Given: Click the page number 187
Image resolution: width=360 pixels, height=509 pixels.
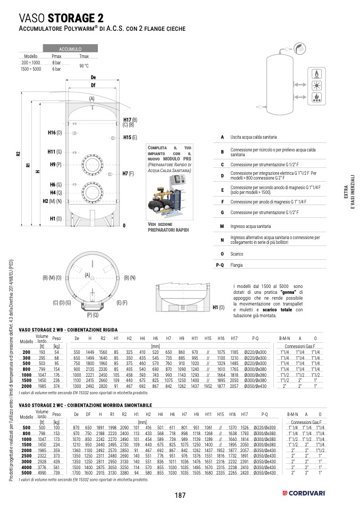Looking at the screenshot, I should coord(180,495).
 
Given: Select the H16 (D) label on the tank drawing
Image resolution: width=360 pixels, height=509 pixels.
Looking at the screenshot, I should coord(55,132).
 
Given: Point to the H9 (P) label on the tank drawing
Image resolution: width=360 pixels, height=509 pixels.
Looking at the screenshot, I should coord(56,165).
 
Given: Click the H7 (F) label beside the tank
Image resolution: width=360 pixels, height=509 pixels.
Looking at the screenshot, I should coord(128,174).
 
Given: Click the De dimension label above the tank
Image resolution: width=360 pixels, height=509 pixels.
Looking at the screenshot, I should coord(93,78).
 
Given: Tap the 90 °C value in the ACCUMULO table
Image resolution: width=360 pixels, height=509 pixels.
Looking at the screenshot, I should coord(84,65).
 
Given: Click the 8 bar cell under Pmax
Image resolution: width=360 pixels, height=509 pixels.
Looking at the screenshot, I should coord(57,62).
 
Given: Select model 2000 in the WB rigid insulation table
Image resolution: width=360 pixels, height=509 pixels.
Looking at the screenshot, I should coord(27,387).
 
